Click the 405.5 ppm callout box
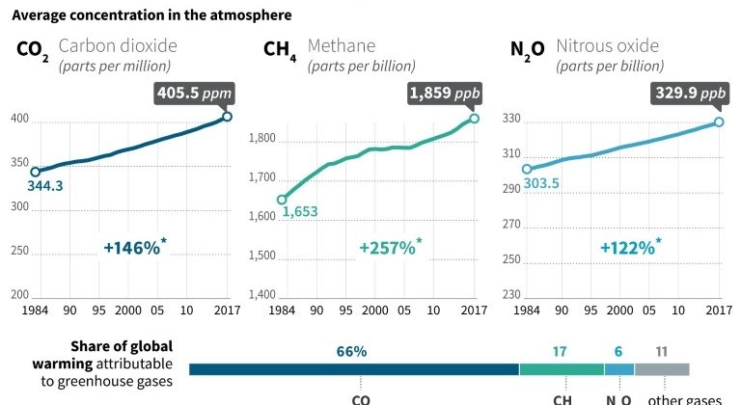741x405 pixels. coord(193,94)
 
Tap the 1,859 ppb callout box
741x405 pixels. coord(445,94)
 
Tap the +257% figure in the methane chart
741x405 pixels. coord(389,248)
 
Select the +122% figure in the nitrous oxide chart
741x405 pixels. coord(630,248)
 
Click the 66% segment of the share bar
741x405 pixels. coord(353,369)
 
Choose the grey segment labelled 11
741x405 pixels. coord(662,369)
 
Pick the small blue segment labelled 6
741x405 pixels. coord(619,369)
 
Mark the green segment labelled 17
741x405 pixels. coord(562,369)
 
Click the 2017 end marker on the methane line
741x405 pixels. coord(475,119)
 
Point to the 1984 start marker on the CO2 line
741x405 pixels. coord(36,172)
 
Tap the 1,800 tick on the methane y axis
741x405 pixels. coord(262,140)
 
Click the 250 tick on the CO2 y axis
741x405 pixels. coord(18,251)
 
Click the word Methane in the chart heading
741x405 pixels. coord(342,45)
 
